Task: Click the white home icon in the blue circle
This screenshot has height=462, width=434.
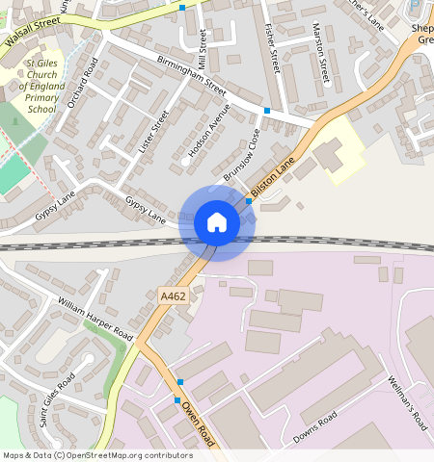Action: coord(217,222)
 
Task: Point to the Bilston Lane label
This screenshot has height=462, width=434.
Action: coord(271,179)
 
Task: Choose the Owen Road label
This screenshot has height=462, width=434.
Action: coord(198,423)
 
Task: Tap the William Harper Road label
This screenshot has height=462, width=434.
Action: coord(95,318)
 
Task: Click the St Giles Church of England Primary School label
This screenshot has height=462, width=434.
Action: coord(41,87)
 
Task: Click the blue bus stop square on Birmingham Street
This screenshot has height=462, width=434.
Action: coord(267,112)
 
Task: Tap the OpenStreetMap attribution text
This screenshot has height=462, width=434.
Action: coord(97,455)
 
